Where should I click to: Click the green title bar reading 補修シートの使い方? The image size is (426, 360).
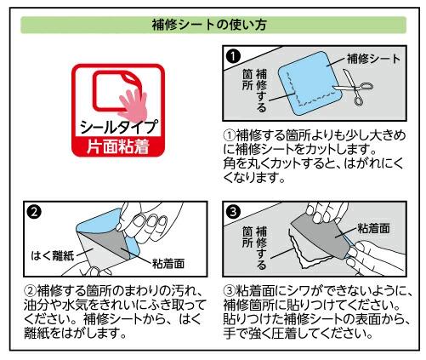click(x=213, y=25)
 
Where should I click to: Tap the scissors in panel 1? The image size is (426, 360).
click(x=355, y=87)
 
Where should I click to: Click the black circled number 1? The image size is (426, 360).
click(x=233, y=56)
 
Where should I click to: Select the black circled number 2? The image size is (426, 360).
click(x=35, y=212)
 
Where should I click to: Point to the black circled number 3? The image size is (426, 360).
click(x=234, y=212)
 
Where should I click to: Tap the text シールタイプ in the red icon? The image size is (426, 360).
click(x=118, y=127)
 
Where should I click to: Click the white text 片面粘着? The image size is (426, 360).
click(x=118, y=147)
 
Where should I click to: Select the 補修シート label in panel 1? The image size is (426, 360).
click(x=374, y=59)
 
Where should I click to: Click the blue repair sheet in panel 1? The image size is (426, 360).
click(x=309, y=83)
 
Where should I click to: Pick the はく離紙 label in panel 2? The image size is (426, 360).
click(x=53, y=255)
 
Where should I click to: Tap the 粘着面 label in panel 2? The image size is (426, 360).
click(x=168, y=264)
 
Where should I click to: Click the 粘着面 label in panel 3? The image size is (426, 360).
click(x=373, y=228)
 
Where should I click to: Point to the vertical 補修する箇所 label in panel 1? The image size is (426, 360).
click(x=254, y=90)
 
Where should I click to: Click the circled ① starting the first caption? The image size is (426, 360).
click(x=230, y=135)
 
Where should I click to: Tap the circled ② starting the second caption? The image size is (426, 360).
click(x=31, y=290)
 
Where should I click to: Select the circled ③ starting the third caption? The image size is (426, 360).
click(x=230, y=290)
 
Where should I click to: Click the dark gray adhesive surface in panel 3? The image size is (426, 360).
click(x=321, y=237)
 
